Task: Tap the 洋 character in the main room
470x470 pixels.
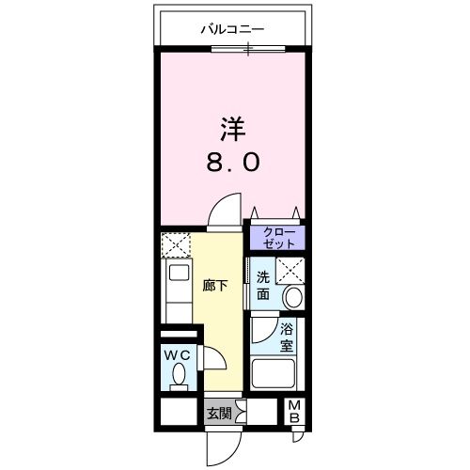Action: click(x=233, y=127)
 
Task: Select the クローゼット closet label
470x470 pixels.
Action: click(x=277, y=236)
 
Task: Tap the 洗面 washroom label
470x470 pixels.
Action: click(x=264, y=286)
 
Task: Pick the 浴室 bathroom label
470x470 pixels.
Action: click(x=287, y=337)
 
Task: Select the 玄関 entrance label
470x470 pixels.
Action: click(x=217, y=411)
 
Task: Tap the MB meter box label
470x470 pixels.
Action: click(x=294, y=412)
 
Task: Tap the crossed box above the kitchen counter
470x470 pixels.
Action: click(x=176, y=246)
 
